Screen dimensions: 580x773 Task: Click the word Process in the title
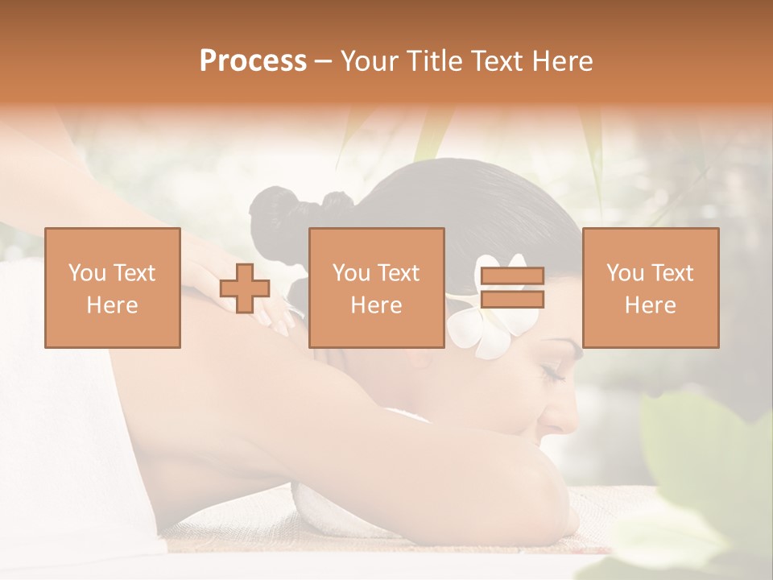(253, 61)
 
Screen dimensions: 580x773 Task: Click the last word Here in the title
(562, 61)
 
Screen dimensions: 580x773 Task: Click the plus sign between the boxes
(245, 288)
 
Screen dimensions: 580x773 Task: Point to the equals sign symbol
(512, 288)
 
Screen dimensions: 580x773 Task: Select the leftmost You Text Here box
(113, 288)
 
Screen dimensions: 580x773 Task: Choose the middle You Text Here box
(377, 288)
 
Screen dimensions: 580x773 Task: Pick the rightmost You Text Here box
(651, 288)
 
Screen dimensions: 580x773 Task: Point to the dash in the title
(324, 61)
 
